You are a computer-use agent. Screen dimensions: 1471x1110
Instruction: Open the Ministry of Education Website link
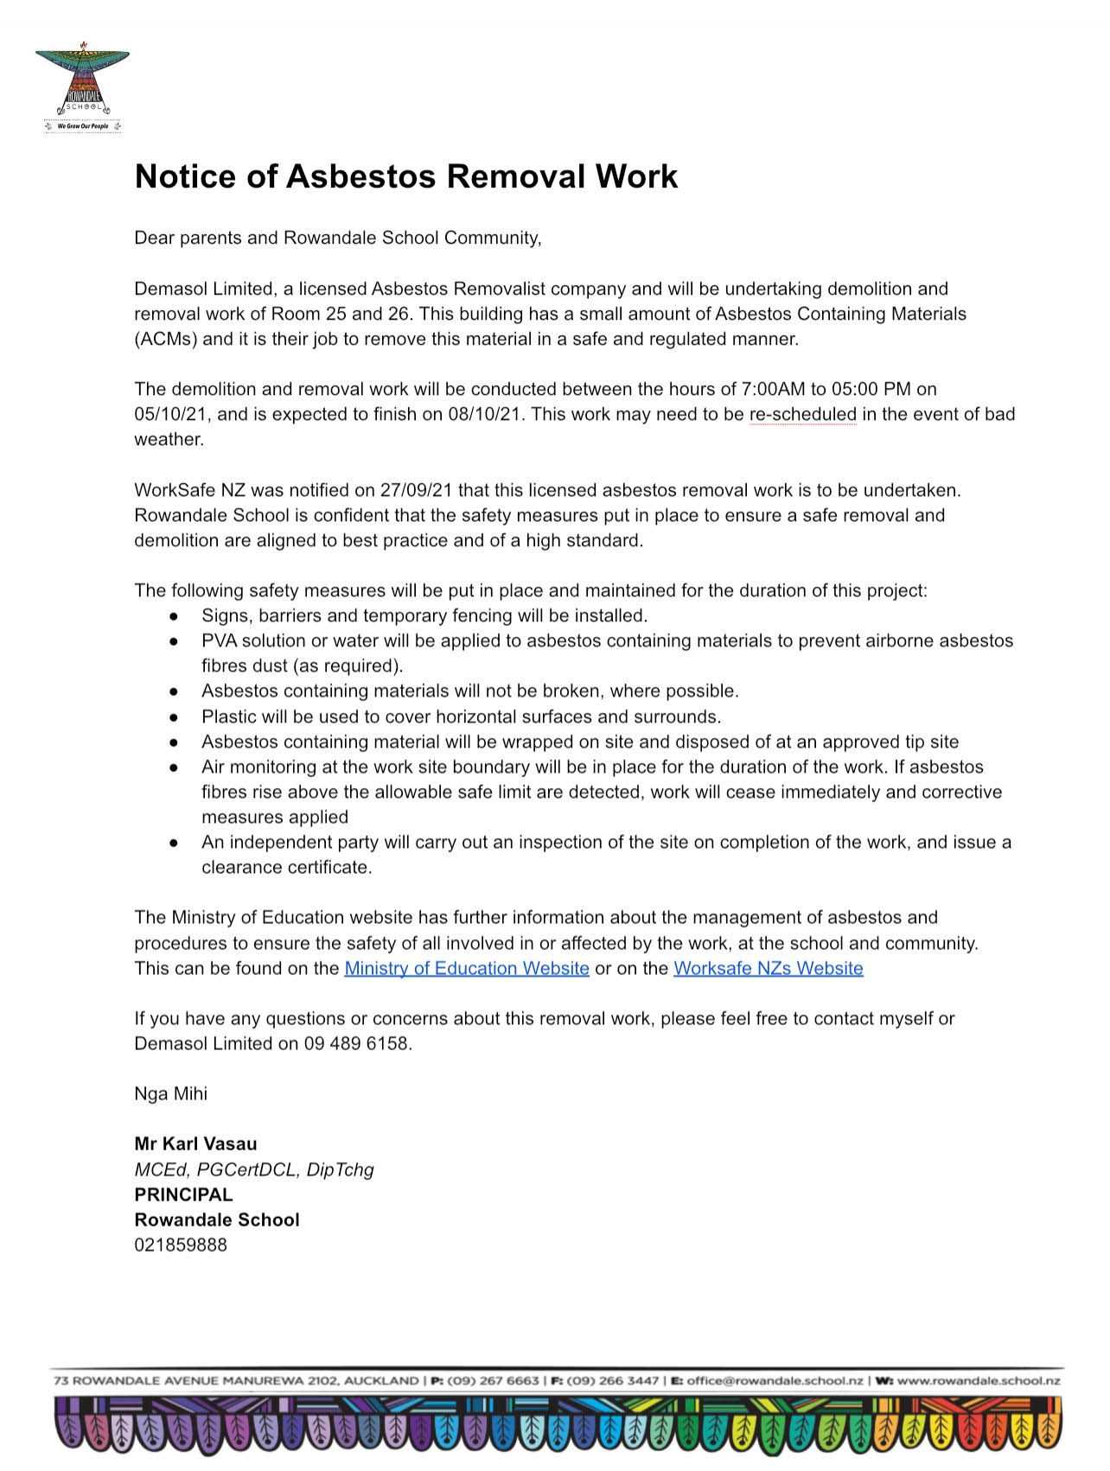pyautogui.click(x=466, y=968)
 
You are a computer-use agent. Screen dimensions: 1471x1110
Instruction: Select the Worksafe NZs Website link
pyautogui.click(x=768, y=968)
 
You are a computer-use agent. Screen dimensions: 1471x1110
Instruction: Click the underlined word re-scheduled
pyautogui.click(x=802, y=414)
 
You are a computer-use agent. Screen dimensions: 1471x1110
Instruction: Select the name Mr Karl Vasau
pyautogui.click(x=195, y=1144)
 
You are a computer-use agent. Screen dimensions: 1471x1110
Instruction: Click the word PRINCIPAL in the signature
pyautogui.click(x=183, y=1194)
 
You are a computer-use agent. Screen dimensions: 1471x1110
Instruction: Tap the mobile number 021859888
pyautogui.click(x=181, y=1245)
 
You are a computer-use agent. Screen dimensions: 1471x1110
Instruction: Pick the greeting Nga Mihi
pyautogui.click(x=170, y=1093)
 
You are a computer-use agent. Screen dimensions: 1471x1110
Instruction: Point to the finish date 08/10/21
pyautogui.click(x=486, y=414)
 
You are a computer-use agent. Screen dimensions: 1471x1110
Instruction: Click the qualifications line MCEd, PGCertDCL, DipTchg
pyautogui.click(x=253, y=1169)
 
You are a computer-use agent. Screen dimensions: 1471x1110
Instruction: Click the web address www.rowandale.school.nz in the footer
pyautogui.click(x=978, y=1381)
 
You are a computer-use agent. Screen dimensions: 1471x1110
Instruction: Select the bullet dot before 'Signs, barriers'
pyautogui.click(x=175, y=616)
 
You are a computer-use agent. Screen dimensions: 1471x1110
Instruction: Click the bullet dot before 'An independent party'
pyautogui.click(x=175, y=843)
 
